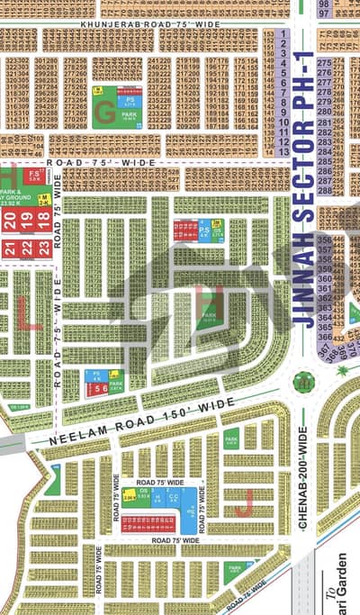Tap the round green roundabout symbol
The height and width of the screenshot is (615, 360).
[304, 382]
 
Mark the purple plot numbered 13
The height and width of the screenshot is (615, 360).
[283, 150]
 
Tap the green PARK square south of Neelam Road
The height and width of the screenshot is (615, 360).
[231, 439]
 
